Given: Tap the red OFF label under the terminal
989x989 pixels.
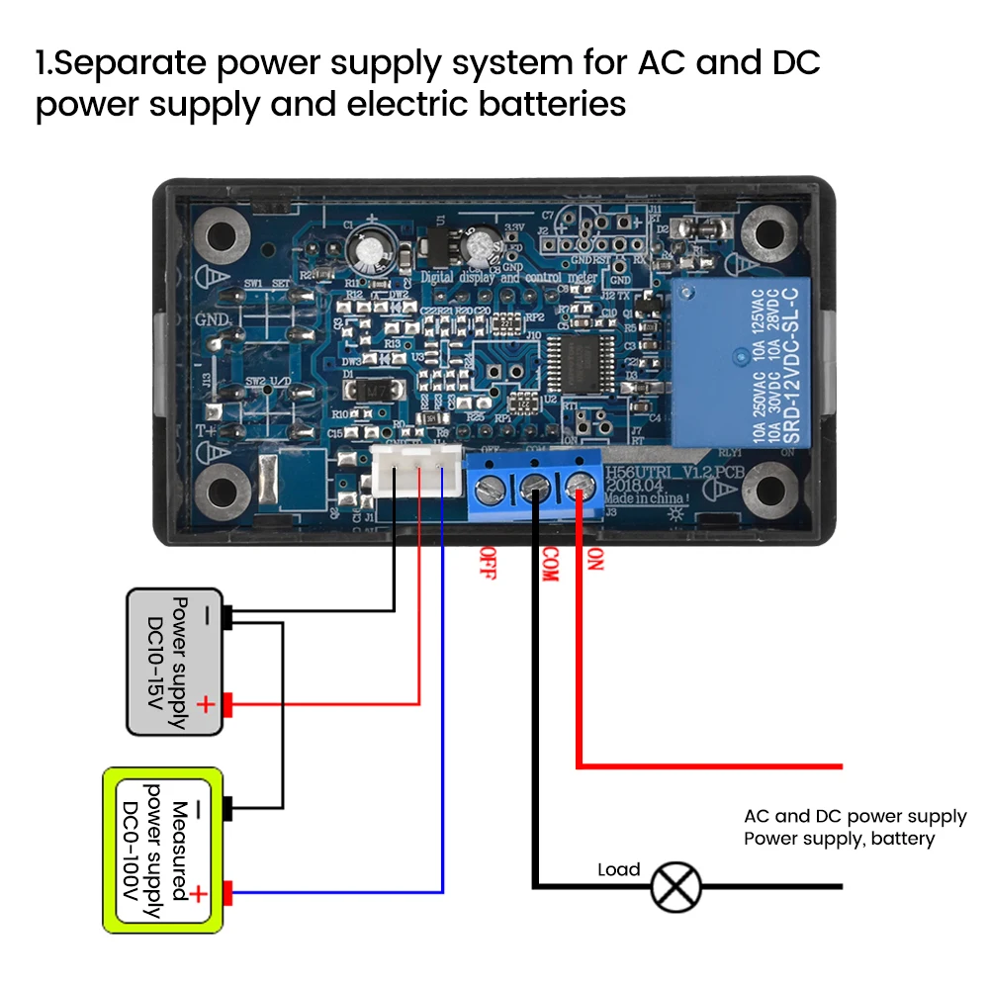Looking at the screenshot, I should click(x=487, y=563).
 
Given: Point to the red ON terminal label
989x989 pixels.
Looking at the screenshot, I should click(x=595, y=560).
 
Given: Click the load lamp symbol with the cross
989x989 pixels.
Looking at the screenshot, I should click(x=676, y=885).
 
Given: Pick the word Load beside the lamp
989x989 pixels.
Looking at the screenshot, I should click(x=619, y=870).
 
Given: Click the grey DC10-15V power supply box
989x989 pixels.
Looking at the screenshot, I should click(x=175, y=662).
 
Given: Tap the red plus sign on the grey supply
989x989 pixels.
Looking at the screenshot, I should click(x=205, y=705).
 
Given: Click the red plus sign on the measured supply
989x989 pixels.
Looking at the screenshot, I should click(x=198, y=894).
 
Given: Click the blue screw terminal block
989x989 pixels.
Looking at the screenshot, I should click(x=535, y=485).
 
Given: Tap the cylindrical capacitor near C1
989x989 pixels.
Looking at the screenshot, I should click(x=372, y=252).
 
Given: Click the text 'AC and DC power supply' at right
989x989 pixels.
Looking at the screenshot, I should click(x=854, y=817).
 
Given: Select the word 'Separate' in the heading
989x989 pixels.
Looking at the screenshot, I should click(x=128, y=65).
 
